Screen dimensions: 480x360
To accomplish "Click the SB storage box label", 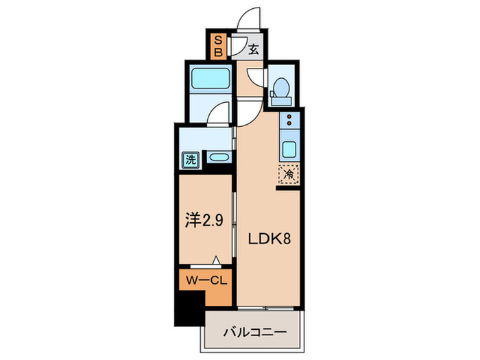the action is [x=218, y=46].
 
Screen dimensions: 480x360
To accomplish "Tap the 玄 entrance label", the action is [x=254, y=49].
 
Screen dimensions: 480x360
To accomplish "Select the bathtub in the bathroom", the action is [x=210, y=78].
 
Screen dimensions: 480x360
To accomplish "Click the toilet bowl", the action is [x=281, y=86].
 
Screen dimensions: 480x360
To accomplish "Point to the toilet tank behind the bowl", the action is [x=281, y=101].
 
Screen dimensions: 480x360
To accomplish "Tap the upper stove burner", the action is [x=289, y=117].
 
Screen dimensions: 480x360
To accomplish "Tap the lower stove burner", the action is [x=289, y=123].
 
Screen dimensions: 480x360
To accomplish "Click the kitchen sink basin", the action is [x=289, y=149].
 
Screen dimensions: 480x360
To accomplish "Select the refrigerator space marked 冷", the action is [x=289, y=174].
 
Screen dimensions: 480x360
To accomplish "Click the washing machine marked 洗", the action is [x=191, y=160].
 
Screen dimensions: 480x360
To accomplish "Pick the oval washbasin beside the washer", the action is [x=219, y=157].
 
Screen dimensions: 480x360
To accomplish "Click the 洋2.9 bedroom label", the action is [x=204, y=220].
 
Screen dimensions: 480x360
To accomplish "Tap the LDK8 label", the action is [x=269, y=239].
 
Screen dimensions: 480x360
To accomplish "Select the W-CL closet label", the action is [x=206, y=280].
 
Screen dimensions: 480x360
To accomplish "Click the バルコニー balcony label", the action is [x=254, y=332].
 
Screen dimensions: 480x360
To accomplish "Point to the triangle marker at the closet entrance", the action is [x=217, y=260].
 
